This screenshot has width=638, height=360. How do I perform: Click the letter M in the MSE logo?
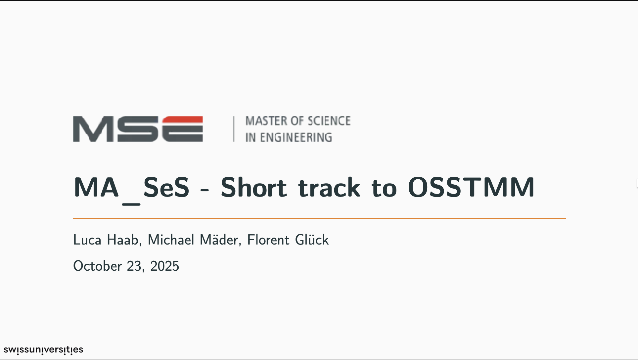click(94, 129)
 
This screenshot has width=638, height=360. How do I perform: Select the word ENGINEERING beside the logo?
click(296, 137)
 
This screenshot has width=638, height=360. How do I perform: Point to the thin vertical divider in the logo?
click(234, 129)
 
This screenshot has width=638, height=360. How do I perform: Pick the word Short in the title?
click(254, 187)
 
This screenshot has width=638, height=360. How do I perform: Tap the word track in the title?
click(329, 188)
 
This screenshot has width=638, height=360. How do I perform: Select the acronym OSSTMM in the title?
click(471, 187)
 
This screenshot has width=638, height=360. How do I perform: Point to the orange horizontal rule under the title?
click(319, 218)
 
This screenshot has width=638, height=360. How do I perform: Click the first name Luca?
click(87, 240)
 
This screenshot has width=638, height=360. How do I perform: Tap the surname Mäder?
click(220, 240)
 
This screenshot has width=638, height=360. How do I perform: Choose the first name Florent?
click(268, 240)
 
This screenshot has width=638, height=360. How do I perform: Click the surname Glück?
click(312, 240)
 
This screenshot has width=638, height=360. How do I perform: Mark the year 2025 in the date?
click(164, 266)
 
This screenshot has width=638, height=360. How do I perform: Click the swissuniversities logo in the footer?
click(43, 350)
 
